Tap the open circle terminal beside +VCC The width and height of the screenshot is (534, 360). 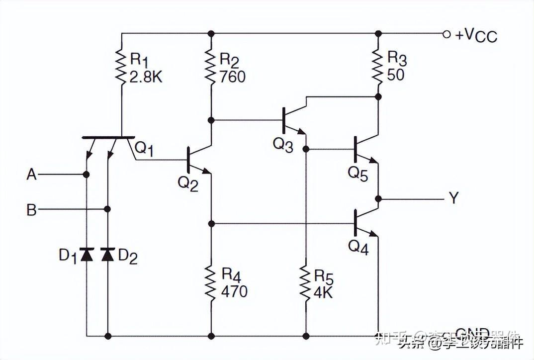coord(446,34)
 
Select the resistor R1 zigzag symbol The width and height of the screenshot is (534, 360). coord(121,66)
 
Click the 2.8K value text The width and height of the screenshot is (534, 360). coord(146,77)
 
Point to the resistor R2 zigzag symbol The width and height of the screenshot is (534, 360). coord(211,66)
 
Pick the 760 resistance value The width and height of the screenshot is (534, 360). coord(232,77)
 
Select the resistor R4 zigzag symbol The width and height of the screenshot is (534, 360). coord(211,282)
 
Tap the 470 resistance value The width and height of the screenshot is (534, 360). coord(234,291)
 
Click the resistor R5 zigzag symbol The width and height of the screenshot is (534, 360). coord(306,282)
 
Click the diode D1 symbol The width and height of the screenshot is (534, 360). coord(87,255)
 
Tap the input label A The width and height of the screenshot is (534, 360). coord(31,175)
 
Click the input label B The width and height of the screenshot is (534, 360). coord(31,210)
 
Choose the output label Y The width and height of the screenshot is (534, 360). coord(453,198)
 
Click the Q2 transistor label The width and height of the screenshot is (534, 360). coord(188,183)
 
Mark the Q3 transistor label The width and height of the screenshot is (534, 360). coord(282,145)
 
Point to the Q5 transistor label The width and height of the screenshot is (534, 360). coord(357,174)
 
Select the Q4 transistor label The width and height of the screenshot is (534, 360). coord(358,247)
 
